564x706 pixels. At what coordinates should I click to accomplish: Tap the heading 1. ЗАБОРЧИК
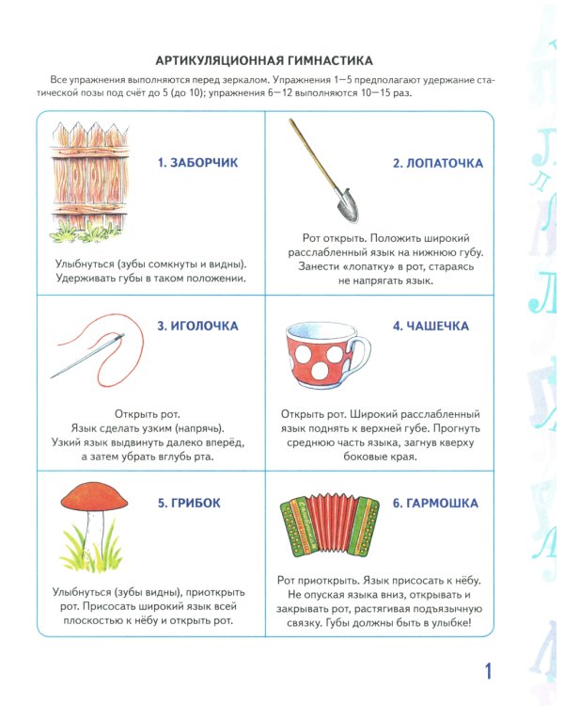(198, 163)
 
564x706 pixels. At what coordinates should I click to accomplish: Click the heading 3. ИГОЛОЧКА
(197, 327)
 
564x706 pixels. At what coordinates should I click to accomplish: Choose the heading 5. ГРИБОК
(190, 503)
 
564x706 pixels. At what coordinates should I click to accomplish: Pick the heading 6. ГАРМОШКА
(435, 503)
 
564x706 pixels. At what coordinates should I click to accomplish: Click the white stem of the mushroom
(92, 536)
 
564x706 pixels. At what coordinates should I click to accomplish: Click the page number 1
(487, 670)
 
